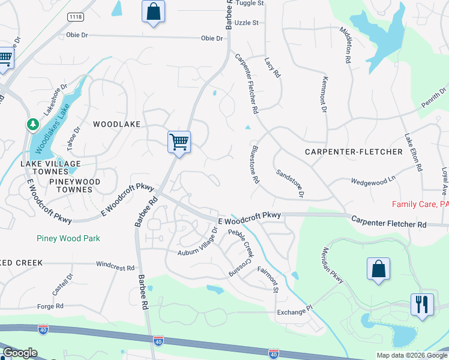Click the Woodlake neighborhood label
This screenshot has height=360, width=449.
[x=116, y=124]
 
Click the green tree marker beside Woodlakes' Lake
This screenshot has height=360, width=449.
[x=32, y=125]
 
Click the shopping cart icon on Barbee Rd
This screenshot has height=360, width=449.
[x=179, y=142]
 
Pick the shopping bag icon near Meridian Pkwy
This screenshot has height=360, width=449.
[x=379, y=269]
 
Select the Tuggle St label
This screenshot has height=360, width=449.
[x=250, y=3]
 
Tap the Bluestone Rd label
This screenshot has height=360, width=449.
[x=255, y=164]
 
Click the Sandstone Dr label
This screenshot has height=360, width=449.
[x=290, y=183]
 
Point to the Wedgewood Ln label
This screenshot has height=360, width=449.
[x=373, y=180]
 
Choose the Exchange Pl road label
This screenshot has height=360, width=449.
[x=295, y=313]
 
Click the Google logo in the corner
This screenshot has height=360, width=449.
[x=20, y=353]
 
